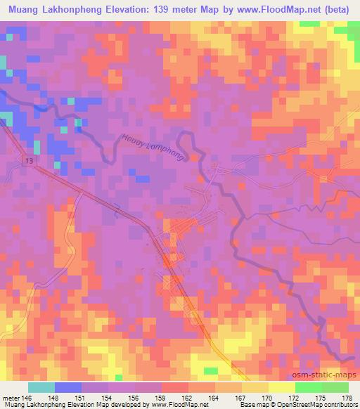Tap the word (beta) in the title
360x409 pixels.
tap(335, 9)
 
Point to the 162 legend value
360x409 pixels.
tap(188, 397)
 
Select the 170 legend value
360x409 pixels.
tap(268, 397)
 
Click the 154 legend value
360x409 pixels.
tap(108, 397)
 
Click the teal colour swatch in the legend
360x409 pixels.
tap(41, 387)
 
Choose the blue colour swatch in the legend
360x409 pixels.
tap(68, 387)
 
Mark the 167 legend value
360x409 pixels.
tap(241, 397)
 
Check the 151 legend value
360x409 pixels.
tap(82, 397)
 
